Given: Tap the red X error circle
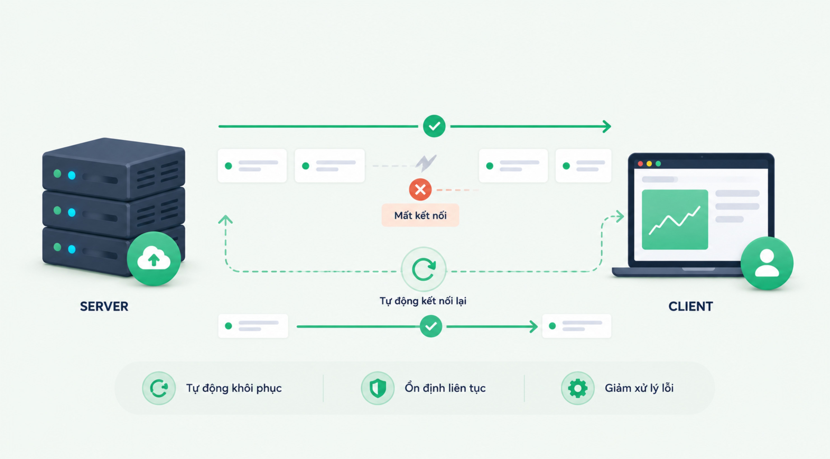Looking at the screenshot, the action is pyautogui.click(x=420, y=190).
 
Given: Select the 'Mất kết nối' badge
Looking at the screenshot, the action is pyautogui.click(x=420, y=215).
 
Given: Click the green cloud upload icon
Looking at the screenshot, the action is pyautogui.click(x=154, y=259).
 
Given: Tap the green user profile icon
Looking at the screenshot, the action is pyautogui.click(x=767, y=263).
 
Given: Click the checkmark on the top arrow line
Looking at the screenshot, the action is pyautogui.click(x=434, y=126).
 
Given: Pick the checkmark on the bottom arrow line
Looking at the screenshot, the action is pyautogui.click(x=431, y=326).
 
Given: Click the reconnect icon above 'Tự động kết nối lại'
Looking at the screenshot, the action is pyautogui.click(x=424, y=269).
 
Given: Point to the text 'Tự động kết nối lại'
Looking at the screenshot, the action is pyautogui.click(x=423, y=301).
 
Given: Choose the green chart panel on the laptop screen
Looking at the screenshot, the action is pyautogui.click(x=675, y=219).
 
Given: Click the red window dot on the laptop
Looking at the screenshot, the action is pyautogui.click(x=641, y=164).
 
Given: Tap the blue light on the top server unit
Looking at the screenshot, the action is pyautogui.click(x=72, y=175).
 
